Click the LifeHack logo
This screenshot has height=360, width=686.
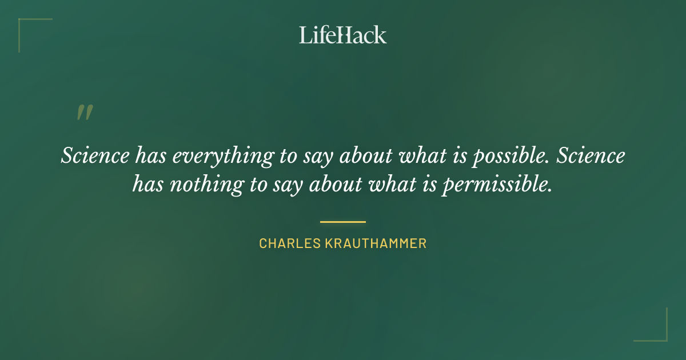[x=342, y=35]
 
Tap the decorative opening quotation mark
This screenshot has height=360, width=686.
[x=84, y=113]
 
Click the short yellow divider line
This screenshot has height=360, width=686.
[x=342, y=221]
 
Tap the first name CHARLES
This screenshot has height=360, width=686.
[x=290, y=243]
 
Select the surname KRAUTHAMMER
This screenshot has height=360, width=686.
[x=376, y=243]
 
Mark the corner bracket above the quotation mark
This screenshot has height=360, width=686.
[x=34, y=34]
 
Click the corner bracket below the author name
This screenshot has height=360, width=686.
[x=651, y=325]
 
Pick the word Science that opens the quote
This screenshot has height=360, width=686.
[x=94, y=156]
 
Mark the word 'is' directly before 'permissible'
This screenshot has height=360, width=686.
[x=432, y=185]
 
